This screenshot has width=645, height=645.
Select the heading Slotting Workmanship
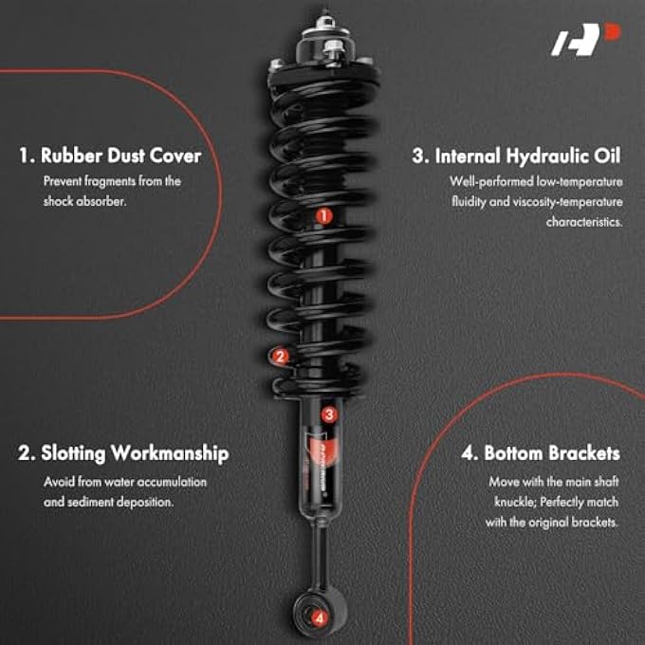coord(123,454)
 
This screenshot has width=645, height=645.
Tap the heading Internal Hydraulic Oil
coord(517,156)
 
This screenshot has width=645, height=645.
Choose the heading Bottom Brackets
coord(541,454)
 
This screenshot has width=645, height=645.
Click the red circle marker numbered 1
coord(323,216)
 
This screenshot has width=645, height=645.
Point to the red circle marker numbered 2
coord(279,357)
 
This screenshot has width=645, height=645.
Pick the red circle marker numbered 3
coord(328,414)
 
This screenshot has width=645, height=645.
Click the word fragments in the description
coord(102,180)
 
